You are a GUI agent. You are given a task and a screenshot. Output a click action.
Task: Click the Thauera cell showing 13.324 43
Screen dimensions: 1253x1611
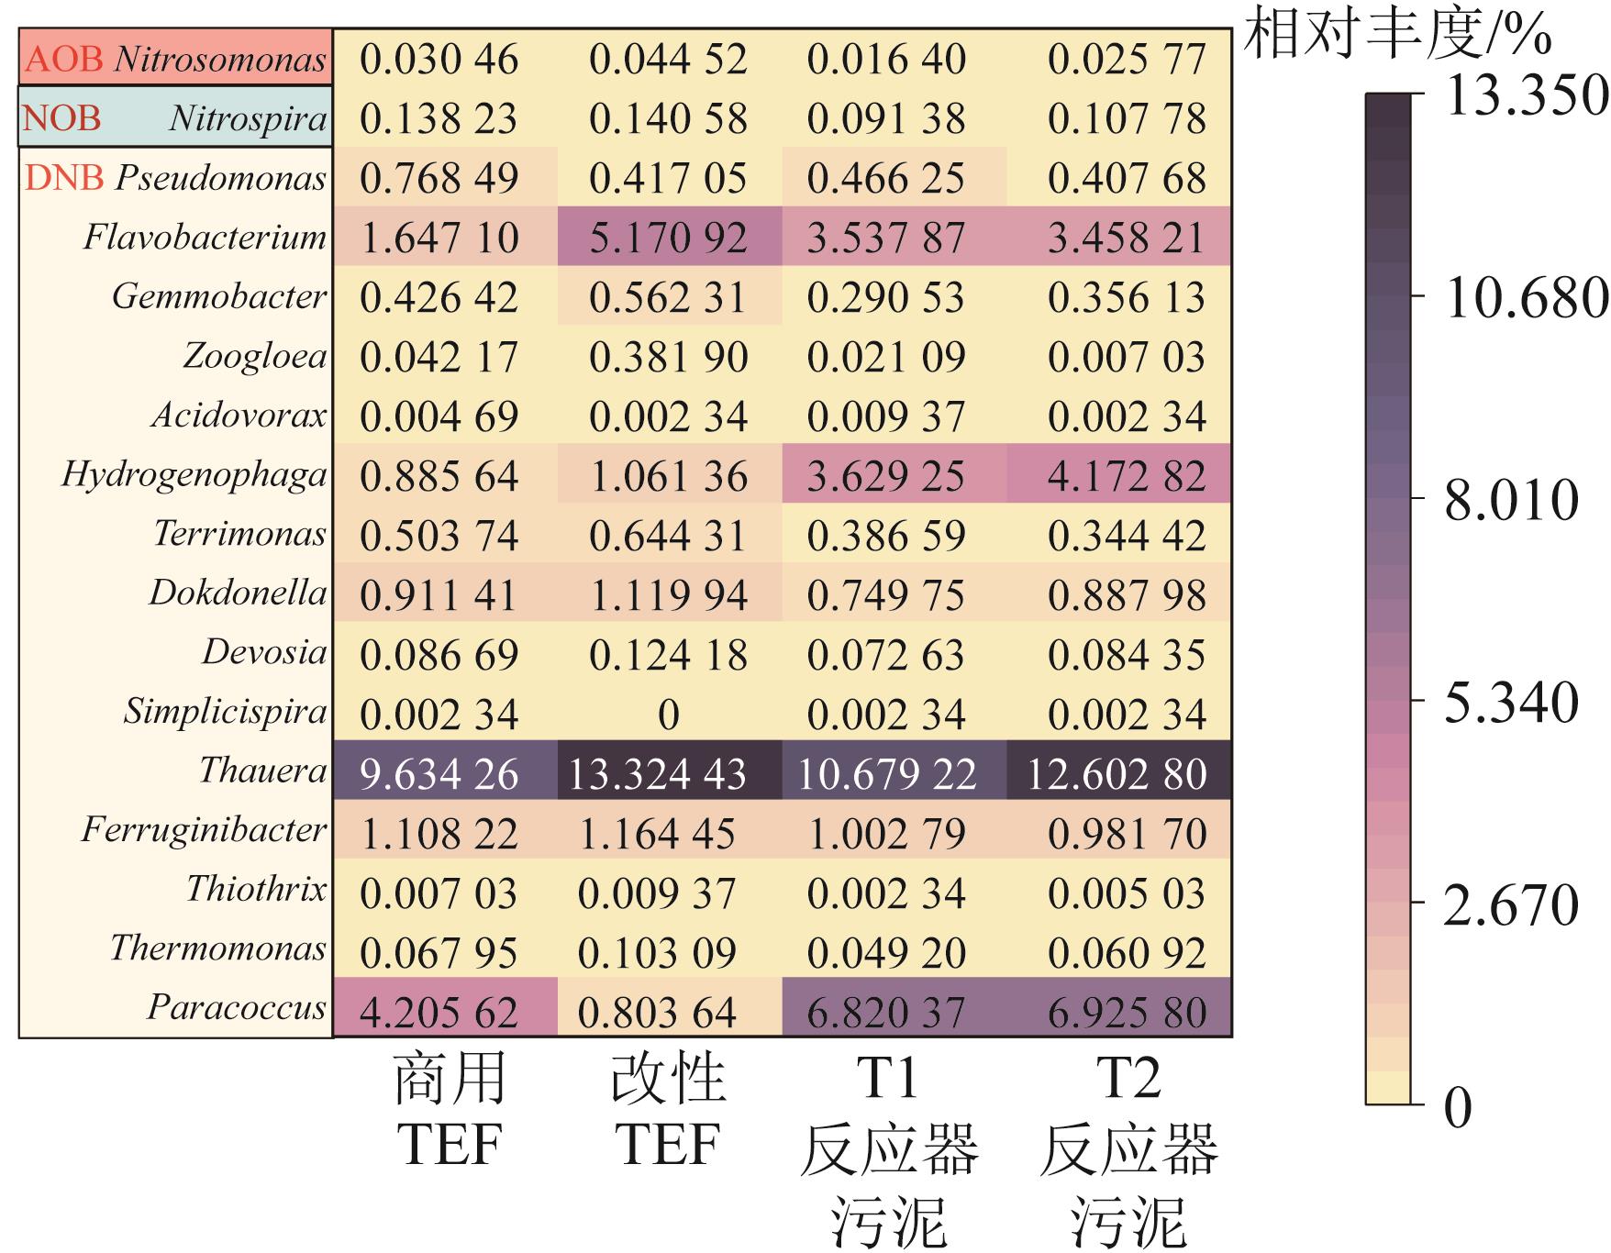tap(657, 773)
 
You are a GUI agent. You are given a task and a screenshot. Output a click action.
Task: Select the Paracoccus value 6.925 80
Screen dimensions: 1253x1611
tap(1127, 1012)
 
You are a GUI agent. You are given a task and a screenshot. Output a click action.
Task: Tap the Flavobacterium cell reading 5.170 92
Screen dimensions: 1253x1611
tap(668, 238)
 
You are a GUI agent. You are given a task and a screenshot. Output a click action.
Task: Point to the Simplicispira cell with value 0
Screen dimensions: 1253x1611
tap(668, 715)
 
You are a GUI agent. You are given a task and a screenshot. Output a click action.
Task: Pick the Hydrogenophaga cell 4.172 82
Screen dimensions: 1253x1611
tap(1127, 476)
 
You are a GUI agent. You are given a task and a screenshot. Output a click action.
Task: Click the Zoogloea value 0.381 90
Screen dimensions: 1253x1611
tap(668, 357)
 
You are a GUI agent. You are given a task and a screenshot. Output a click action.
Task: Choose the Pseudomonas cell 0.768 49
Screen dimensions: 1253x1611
tap(439, 178)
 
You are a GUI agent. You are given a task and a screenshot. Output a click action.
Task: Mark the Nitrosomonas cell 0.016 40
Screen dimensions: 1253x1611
tap(886, 60)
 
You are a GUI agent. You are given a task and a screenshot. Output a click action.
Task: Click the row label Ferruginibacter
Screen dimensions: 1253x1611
tap(204, 829)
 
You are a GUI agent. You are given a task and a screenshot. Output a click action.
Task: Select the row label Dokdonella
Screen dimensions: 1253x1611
tap(238, 593)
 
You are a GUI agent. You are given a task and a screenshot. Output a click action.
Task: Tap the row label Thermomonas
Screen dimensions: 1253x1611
tap(218, 948)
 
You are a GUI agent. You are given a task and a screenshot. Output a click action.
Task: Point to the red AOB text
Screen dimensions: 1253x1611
tap(64, 60)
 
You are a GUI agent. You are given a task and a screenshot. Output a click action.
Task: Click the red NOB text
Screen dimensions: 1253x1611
tap(61, 118)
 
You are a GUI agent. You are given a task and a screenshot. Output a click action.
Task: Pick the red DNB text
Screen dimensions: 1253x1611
tap(64, 178)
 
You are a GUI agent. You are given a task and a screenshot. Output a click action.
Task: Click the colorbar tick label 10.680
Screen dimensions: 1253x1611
tap(1526, 298)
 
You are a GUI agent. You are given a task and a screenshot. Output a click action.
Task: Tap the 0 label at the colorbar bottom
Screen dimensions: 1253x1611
tap(1458, 1107)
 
